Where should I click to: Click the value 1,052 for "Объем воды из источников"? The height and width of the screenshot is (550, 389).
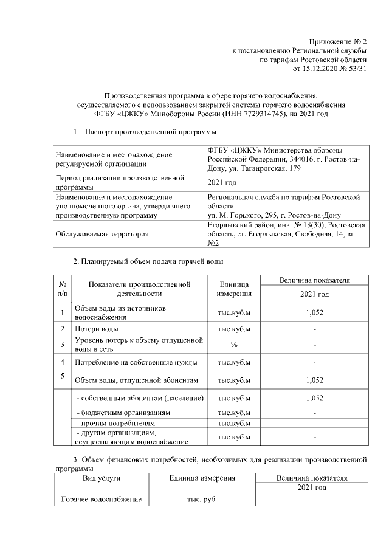314,312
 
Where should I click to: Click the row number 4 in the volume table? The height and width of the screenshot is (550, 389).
63,363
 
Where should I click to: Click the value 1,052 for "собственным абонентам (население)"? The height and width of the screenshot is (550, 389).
314,397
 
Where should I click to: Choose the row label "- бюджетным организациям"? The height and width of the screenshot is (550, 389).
122,412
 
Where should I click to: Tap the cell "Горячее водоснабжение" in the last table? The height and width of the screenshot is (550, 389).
102,500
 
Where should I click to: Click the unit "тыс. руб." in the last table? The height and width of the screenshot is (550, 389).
202,500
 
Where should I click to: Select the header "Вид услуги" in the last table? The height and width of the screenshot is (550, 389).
102,478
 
